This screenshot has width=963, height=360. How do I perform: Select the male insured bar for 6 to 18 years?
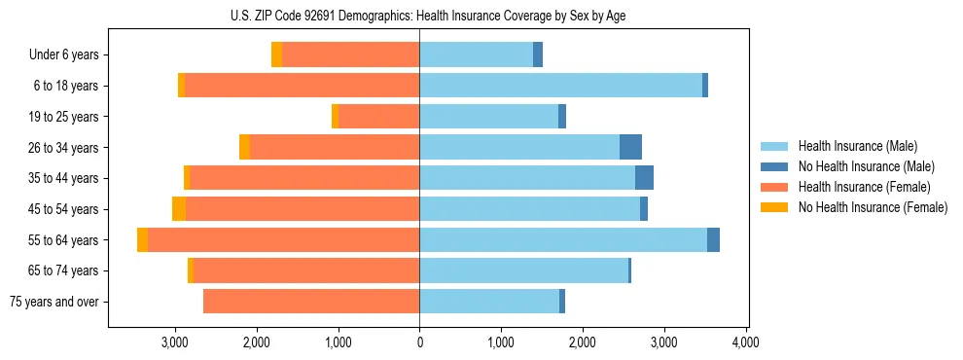click(x=560, y=86)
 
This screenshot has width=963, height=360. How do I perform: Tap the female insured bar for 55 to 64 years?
click(x=283, y=240)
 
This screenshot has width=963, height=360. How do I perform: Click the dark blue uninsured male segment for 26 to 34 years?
click(x=630, y=147)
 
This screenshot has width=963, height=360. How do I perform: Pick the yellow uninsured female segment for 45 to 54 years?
click(x=179, y=209)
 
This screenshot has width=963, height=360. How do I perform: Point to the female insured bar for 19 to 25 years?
click(x=378, y=117)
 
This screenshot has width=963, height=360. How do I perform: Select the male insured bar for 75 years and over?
click(x=489, y=302)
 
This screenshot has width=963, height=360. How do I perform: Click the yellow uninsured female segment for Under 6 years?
click(x=277, y=55)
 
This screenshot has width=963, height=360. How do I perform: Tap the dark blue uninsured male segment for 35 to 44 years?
click(x=644, y=178)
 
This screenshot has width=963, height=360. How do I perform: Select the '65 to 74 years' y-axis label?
click(x=61, y=270)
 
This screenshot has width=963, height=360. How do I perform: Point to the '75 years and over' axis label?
click(x=53, y=302)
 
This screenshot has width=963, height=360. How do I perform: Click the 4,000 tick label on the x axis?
click(x=745, y=342)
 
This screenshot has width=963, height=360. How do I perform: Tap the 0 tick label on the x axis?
click(x=419, y=342)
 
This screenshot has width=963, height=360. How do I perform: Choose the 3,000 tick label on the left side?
click(x=175, y=342)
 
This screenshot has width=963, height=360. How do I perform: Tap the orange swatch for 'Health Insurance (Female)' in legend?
click(x=774, y=187)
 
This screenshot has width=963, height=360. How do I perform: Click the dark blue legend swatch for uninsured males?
click(x=774, y=166)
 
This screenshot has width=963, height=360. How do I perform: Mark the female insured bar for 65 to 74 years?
click(x=306, y=270)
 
